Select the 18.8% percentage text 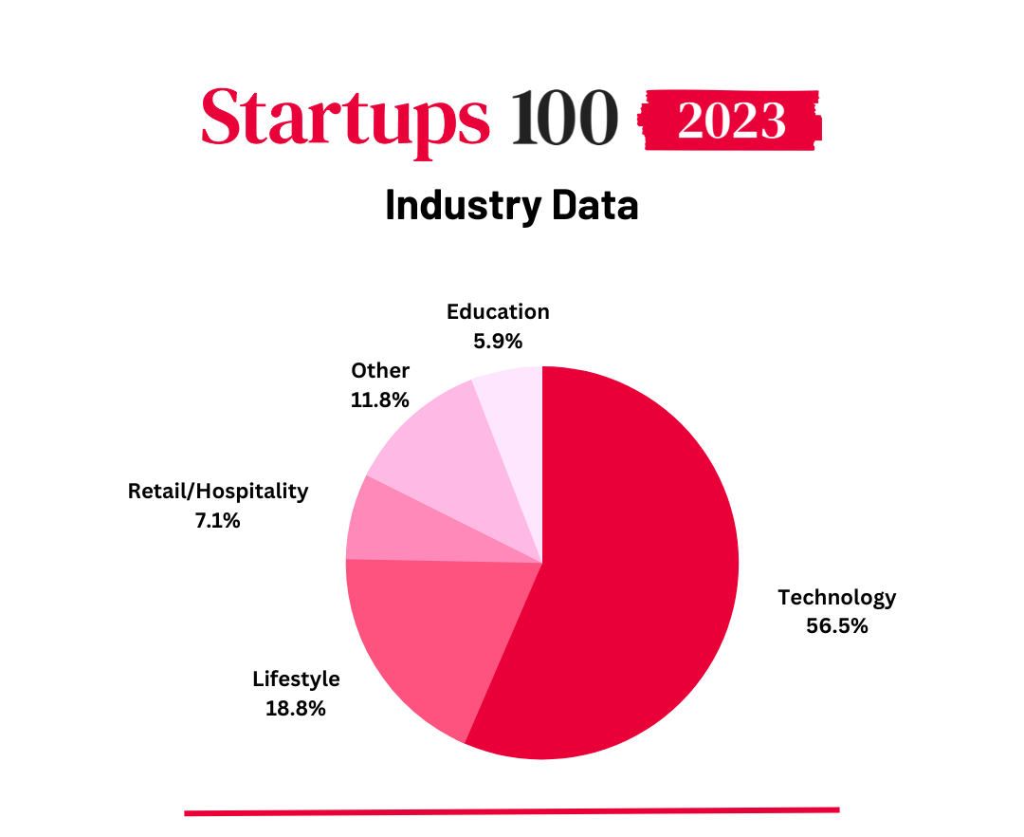(x=296, y=708)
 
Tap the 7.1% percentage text (x=218, y=520)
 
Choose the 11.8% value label (x=379, y=400)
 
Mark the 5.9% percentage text (x=498, y=341)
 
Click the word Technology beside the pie (x=836, y=597)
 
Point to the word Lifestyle (x=296, y=679)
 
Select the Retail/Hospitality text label (x=218, y=491)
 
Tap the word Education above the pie (x=498, y=311)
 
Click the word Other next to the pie (x=379, y=370)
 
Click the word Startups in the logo (x=345, y=119)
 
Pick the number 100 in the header (x=565, y=119)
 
